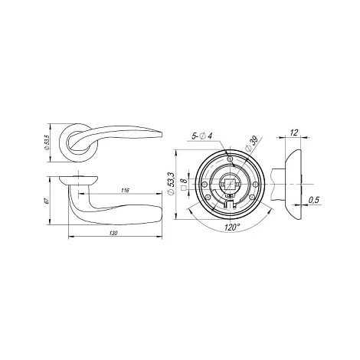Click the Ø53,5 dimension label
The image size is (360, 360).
click(47, 143)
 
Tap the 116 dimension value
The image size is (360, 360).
click(125, 190)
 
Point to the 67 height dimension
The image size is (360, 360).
click(46, 201)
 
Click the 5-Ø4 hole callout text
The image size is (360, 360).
click(202, 136)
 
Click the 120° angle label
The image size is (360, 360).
click(233, 227)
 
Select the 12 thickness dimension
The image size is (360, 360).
click(294, 133)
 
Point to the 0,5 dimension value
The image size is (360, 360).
click(314, 200)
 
